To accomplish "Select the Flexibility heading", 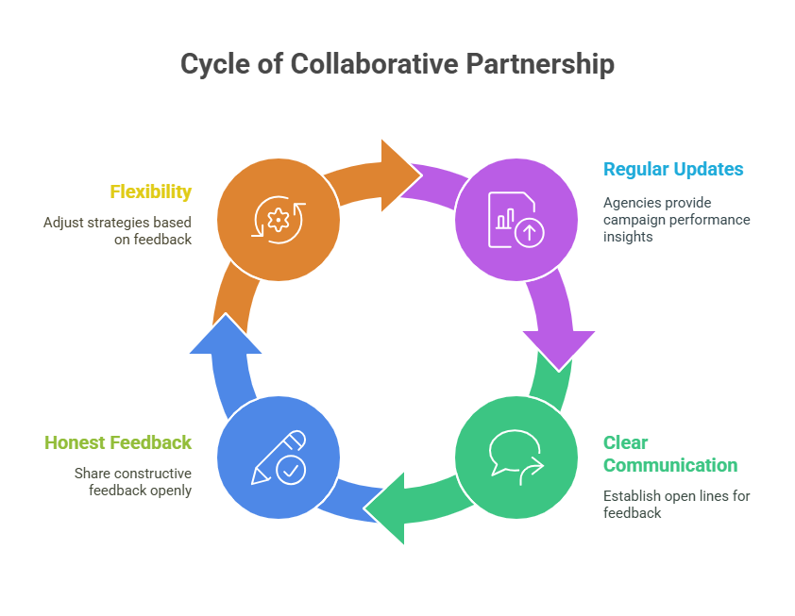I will [x=150, y=191].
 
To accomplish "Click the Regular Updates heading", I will [x=673, y=170].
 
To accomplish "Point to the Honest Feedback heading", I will [x=118, y=442].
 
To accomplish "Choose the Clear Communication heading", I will [x=669, y=454].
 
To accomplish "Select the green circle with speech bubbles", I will [x=516, y=457].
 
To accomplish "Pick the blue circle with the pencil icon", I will [x=278, y=457].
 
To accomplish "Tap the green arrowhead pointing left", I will [x=387, y=510].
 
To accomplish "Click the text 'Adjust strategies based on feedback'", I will [x=117, y=231].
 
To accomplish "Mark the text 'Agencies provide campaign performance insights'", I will [x=676, y=220].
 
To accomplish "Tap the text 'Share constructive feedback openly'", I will [x=133, y=481].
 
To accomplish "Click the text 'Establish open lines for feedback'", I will [x=676, y=505].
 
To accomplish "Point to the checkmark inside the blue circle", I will [x=291, y=470].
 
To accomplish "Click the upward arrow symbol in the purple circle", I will [x=530, y=234].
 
